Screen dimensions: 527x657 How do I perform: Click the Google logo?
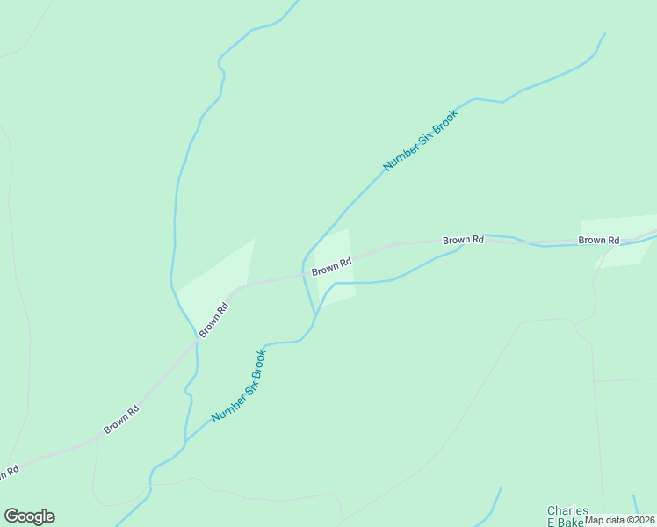[29, 516]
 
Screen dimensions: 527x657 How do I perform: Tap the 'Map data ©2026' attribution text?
[620, 519]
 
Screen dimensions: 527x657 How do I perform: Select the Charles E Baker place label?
[566, 516]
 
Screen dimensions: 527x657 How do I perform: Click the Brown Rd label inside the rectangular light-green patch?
[332, 266]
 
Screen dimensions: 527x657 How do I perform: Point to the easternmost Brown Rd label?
[599, 240]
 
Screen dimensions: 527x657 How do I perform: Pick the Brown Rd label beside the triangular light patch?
[213, 320]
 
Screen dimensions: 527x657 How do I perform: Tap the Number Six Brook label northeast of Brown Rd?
[421, 140]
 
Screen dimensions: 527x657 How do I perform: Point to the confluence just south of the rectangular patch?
[314, 315]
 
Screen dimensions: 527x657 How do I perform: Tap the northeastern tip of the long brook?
[604, 35]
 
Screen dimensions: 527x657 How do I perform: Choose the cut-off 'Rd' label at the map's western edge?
[9, 473]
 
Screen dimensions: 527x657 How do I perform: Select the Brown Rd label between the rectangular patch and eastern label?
[463, 240]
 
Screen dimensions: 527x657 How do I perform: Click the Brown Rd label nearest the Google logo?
[121, 420]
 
